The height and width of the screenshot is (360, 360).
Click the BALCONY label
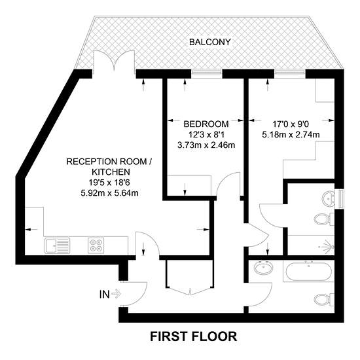(209, 43)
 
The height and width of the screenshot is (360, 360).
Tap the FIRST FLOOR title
(193, 336)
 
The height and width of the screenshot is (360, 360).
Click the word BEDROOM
(206, 124)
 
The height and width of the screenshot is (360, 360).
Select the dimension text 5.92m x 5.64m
(109, 193)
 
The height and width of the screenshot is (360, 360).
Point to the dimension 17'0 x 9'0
(291, 124)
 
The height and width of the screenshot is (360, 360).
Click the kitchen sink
(58, 245)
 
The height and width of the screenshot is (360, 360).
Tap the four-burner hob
(96, 245)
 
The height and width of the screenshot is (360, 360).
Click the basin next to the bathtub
(264, 268)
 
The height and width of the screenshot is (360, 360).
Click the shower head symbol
(329, 246)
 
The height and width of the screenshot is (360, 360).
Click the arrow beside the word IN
(117, 294)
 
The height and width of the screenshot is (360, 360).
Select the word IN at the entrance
(105, 294)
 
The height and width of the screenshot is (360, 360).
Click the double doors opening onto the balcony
(114, 60)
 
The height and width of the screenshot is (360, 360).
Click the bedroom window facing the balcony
(207, 72)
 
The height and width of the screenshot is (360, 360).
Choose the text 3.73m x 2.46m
(206, 145)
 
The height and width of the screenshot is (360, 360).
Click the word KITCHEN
(111, 172)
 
